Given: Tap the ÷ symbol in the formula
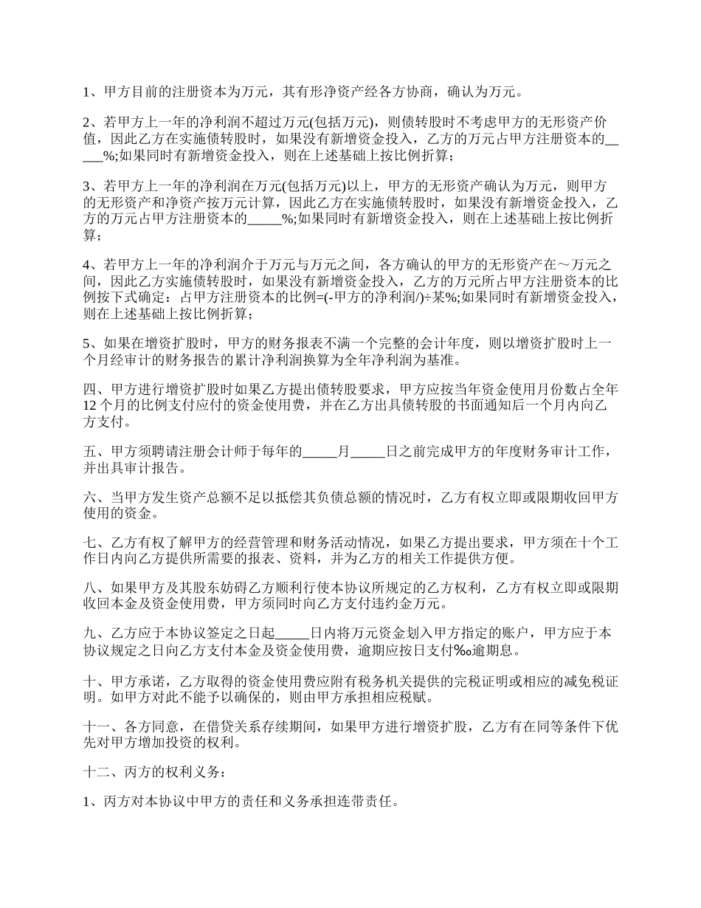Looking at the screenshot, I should [x=427, y=297].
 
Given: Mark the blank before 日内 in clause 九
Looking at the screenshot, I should [x=291, y=633].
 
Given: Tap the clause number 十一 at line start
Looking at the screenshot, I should [x=97, y=726].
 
